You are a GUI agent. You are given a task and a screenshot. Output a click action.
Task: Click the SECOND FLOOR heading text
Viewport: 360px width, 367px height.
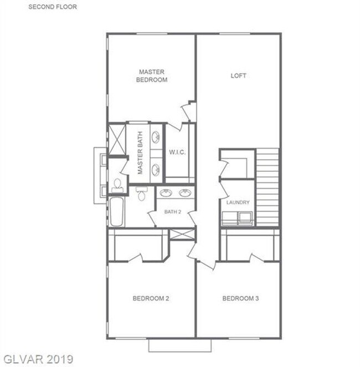[53, 7]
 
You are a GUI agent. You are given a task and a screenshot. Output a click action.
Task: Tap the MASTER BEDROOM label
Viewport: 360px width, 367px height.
[152, 75]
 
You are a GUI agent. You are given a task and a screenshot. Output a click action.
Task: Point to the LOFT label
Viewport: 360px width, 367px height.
[238, 75]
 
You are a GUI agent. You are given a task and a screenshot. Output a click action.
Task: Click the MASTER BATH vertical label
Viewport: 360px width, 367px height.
[140, 153]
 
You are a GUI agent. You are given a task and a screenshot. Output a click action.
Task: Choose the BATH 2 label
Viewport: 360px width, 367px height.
[173, 211]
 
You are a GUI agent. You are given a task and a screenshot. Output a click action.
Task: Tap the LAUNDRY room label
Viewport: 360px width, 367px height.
[238, 203]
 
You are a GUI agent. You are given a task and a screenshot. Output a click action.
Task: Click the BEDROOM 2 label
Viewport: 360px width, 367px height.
[151, 298]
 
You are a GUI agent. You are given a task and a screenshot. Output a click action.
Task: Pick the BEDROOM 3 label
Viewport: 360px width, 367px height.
[240, 298]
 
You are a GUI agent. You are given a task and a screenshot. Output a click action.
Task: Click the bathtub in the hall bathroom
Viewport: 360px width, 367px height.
[117, 212]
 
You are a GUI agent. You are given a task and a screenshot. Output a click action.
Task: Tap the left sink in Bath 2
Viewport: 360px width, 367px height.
[166, 193]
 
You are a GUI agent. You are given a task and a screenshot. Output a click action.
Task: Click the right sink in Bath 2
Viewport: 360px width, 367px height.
[185, 193]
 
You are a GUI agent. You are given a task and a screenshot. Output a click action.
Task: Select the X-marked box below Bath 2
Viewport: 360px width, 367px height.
[182, 233]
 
